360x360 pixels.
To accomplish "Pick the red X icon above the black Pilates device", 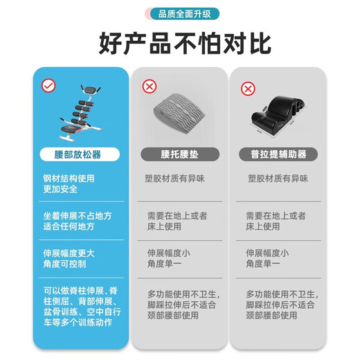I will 245,89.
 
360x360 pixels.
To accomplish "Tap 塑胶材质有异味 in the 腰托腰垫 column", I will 179,178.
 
